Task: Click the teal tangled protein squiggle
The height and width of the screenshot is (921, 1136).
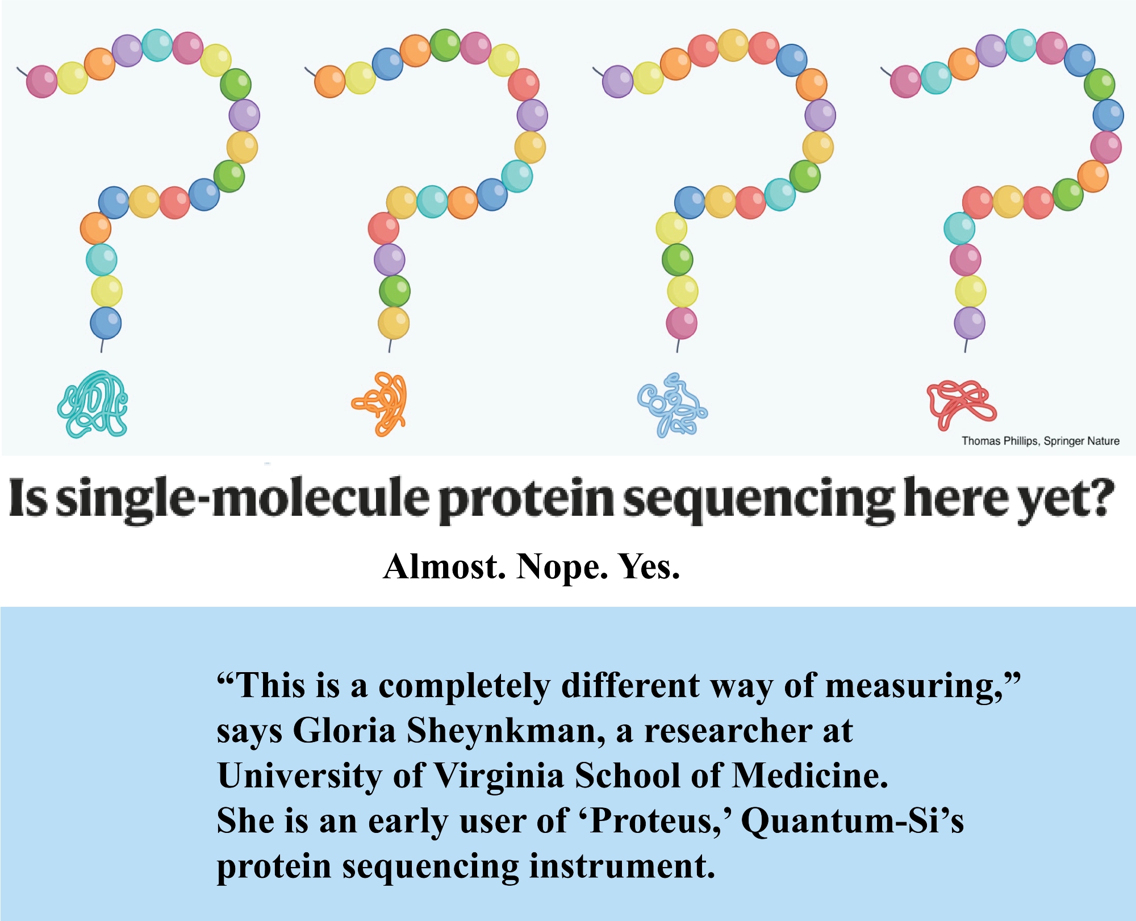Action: (x=93, y=404)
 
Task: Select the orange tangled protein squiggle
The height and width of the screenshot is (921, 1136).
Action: (x=379, y=404)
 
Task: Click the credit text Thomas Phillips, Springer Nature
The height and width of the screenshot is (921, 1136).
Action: (x=1040, y=441)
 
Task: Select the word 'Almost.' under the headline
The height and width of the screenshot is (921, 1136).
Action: (x=444, y=566)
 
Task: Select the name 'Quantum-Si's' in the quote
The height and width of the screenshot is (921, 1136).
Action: (x=853, y=822)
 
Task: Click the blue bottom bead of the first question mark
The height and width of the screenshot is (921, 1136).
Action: (x=106, y=323)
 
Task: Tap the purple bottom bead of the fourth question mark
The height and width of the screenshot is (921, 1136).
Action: (x=970, y=323)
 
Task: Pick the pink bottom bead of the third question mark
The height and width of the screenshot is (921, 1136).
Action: (x=682, y=323)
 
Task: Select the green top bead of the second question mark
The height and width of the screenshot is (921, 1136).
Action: (x=445, y=45)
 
